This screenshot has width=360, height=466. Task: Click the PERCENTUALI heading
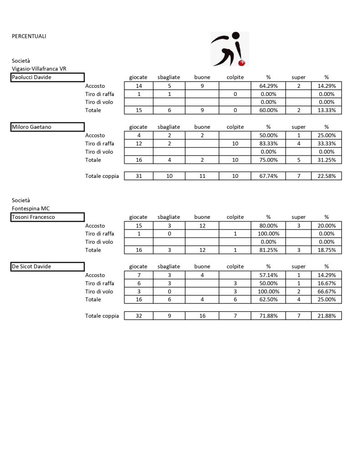tap(29, 36)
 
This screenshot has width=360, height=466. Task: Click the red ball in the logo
tap(243, 62)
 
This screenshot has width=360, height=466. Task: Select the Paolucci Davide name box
tap(48, 77)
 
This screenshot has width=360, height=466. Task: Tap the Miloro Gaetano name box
tap(48, 127)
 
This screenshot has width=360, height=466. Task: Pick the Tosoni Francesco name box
tap(48, 217)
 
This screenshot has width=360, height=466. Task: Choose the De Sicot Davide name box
tap(48, 267)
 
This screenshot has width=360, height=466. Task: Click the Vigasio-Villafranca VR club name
tap(39, 69)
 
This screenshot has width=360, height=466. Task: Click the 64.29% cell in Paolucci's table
tap(268, 86)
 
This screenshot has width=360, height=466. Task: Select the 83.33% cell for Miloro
tap(268, 143)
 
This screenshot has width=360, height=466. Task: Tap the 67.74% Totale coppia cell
tap(268, 176)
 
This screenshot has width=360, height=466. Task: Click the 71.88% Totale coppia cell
tap(268, 316)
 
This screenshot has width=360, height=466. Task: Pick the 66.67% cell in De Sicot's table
tap(326, 291)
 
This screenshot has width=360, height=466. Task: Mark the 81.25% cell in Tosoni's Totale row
tap(268, 250)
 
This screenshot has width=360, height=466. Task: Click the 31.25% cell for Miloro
tap(326, 160)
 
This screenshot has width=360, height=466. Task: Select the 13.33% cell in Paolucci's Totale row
tap(326, 110)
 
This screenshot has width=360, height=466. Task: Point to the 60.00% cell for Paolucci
tap(268, 110)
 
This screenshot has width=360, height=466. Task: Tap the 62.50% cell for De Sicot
tap(268, 299)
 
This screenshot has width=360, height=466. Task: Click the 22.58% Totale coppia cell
tap(326, 176)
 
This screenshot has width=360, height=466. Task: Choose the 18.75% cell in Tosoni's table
tap(326, 250)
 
